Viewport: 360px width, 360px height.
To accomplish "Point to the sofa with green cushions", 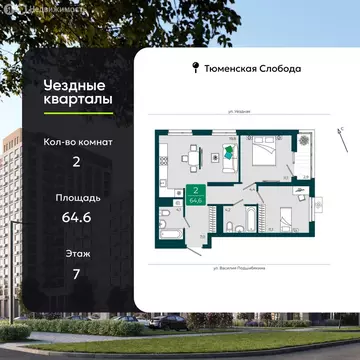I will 229,152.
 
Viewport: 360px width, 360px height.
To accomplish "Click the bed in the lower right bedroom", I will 283,215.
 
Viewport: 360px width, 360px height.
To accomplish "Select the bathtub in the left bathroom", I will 165,222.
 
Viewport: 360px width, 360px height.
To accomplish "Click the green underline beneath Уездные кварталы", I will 50,118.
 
